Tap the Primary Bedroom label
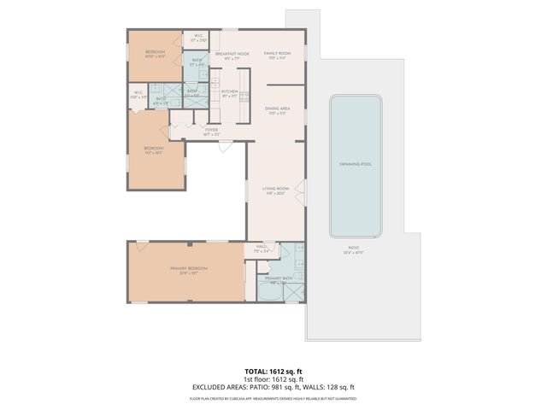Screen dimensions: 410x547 [188, 269]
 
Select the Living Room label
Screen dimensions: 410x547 [275, 190]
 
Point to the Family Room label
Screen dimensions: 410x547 [277, 54]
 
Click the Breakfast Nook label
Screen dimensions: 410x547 [232, 54]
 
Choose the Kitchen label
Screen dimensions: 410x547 [229, 91]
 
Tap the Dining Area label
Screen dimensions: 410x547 [277, 109]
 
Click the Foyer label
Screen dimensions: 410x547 [211, 130]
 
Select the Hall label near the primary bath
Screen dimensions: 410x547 [262, 249]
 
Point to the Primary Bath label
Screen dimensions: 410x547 [279, 279]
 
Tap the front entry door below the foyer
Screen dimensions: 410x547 [224, 146]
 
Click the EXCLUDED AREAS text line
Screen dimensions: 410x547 [273, 387]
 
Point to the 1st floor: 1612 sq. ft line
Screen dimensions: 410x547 [273, 380]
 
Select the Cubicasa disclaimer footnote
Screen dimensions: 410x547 [273, 398]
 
